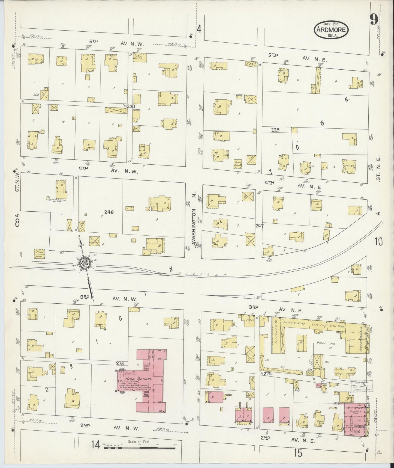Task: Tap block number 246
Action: pyautogui.click(x=109, y=212)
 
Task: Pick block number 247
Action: pyautogui.click(x=259, y=226)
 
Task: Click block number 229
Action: pyautogui.click(x=276, y=130)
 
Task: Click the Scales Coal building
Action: pyautogui.click(x=40, y=254)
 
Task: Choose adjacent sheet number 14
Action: pyautogui.click(x=96, y=445)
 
